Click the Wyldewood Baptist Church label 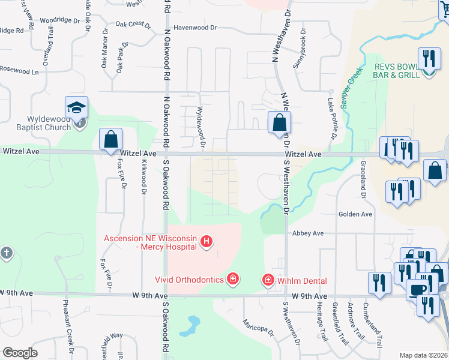[40, 123]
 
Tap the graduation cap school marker [77, 109]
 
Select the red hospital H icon [206, 242]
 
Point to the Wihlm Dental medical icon [268, 280]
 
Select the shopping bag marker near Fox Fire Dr [111, 140]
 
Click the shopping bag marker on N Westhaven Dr [279, 123]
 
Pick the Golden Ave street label [355, 214]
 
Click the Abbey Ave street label [308, 233]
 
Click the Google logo [20, 353]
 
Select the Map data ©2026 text [424, 355]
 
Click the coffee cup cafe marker [418, 290]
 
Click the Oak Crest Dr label [133, 25]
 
